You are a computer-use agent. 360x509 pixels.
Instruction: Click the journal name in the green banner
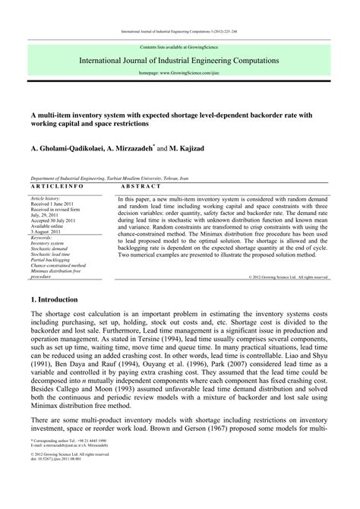180,59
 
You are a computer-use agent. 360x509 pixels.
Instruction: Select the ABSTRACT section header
141,186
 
